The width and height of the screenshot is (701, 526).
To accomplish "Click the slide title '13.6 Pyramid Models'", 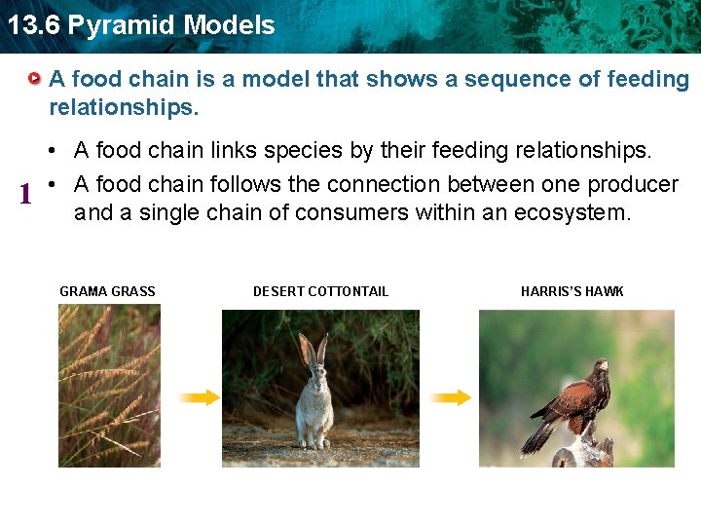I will (x=141, y=25).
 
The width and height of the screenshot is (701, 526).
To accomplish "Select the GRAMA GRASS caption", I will (x=107, y=291).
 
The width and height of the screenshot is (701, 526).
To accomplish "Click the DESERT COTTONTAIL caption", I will (x=320, y=291).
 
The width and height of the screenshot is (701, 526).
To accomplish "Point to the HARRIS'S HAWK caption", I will (x=572, y=291).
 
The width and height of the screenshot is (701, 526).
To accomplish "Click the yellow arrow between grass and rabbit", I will (x=199, y=397).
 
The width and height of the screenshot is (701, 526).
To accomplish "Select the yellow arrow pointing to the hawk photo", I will (x=450, y=397).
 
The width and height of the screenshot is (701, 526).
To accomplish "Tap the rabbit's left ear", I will (x=306, y=349).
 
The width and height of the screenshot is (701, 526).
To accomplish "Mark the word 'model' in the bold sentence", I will (x=277, y=79).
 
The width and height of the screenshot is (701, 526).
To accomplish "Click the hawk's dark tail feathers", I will (x=538, y=437).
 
